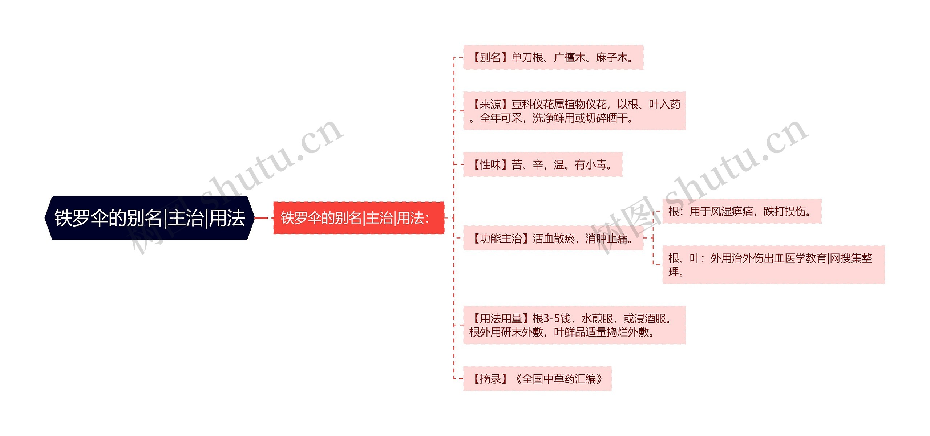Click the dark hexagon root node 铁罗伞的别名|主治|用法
pyautogui.click(x=149, y=218)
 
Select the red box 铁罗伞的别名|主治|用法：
pyautogui.click(x=359, y=218)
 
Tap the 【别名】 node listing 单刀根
pyautogui.click(x=553, y=57)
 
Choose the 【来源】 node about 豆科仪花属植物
pyautogui.click(x=574, y=111)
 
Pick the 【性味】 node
pyautogui.click(x=542, y=164)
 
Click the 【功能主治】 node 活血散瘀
pyautogui.click(x=553, y=239)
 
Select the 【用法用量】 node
pyautogui.click(x=574, y=325)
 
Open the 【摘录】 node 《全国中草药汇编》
pyautogui.click(x=537, y=379)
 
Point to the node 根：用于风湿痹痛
pyautogui.click(x=741, y=211)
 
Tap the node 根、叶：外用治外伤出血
pyautogui.click(x=773, y=265)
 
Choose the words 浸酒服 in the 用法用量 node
pyautogui.click(x=650, y=318)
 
